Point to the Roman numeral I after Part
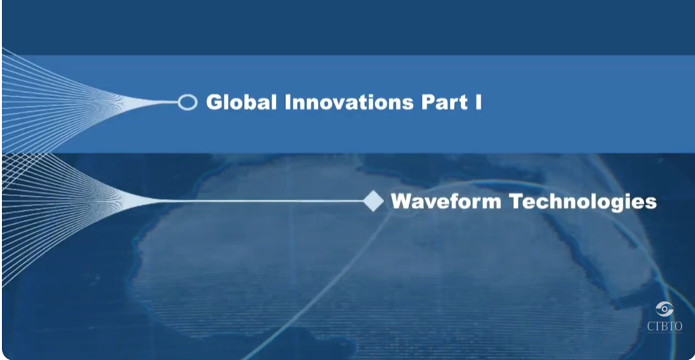point(478,103)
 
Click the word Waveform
point(446,202)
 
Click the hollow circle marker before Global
point(187,103)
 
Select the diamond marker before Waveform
point(374,201)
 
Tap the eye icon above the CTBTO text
point(664,309)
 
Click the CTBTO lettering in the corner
point(665,326)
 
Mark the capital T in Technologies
point(517,202)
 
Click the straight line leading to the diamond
point(262,201)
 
